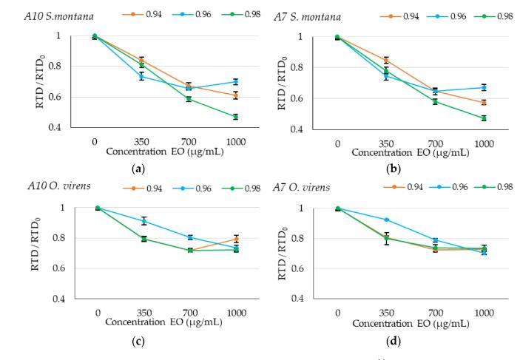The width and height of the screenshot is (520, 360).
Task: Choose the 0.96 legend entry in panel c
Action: pyautogui.click(x=200, y=188)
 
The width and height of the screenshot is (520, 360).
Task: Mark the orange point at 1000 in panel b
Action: pyautogui.click(x=484, y=102)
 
